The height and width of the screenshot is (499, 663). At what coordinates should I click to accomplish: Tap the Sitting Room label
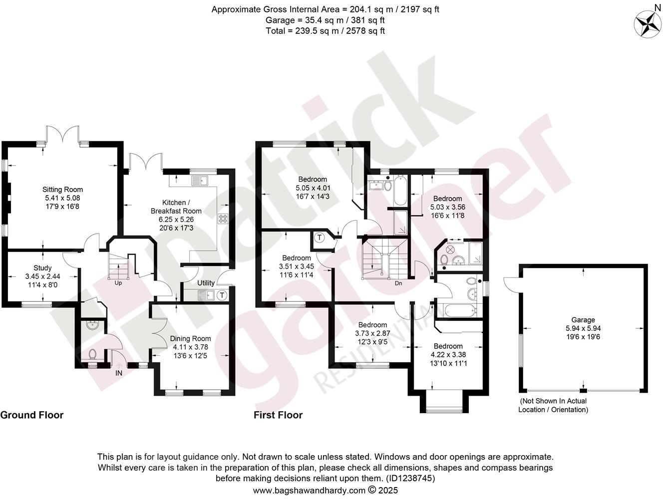62,190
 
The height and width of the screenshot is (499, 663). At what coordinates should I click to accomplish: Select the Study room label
42,268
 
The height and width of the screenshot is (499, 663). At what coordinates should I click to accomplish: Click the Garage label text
583,320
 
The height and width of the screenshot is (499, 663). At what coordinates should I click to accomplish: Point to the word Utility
206,283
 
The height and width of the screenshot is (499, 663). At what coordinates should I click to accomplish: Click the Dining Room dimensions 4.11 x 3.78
190,347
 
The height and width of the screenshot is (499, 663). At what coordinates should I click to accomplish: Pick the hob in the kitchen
222,219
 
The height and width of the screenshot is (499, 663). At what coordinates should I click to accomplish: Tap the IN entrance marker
119,373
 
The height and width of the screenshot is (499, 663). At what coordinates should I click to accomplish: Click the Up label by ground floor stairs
118,283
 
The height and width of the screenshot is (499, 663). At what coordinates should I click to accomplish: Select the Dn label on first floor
398,283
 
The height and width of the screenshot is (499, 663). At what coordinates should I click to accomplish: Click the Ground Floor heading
32,415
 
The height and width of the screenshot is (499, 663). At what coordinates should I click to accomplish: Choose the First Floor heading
278,415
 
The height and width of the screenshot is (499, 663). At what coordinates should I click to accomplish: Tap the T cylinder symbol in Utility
222,295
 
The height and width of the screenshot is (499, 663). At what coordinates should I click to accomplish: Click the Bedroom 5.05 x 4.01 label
313,180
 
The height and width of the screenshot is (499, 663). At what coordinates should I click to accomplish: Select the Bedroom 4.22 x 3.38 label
448,346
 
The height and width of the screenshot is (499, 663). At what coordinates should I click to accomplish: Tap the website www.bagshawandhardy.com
309,491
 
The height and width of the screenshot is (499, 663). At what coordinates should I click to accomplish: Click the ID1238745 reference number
409,478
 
